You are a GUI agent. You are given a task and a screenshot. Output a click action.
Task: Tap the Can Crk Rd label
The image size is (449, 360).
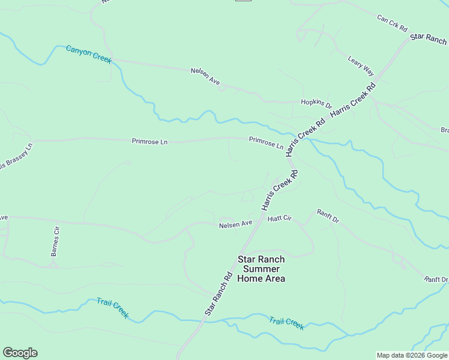coord(392,23)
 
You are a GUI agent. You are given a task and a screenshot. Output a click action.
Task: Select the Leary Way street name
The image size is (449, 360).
coord(361,65)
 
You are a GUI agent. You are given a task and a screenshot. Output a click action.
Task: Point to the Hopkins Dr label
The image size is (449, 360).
coord(316,103)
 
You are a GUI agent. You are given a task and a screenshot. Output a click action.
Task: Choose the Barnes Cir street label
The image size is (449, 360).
coord(55,241)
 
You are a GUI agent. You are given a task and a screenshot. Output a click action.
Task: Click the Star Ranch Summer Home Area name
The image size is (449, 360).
coord(261,269)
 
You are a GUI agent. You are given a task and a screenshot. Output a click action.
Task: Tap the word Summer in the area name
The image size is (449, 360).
coord(261,269)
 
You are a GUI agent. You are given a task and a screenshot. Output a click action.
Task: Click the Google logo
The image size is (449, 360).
coord(20,353)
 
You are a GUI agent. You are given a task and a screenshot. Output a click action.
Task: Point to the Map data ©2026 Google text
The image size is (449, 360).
coord(411,355)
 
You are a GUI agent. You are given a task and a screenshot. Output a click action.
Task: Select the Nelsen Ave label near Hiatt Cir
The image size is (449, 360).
coord(235,224)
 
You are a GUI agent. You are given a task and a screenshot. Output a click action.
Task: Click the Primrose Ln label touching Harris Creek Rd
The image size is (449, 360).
coord(266,142)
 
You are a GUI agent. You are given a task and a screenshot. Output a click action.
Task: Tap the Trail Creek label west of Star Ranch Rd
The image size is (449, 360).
coord(112,307)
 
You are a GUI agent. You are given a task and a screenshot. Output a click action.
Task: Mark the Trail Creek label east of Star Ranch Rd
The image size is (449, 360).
coord(286,323)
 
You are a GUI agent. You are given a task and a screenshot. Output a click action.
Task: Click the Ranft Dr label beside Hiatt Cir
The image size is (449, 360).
coord(328,216)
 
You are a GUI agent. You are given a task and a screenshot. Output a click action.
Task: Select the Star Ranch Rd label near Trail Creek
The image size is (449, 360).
coord(218,295)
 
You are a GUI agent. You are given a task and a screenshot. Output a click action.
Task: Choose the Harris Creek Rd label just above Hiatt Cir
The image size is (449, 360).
coord(280,190)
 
